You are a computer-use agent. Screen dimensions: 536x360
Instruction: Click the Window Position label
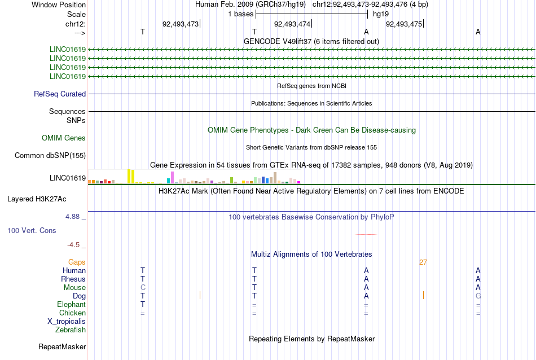59,5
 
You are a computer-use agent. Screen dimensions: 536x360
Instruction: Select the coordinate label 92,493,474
292,24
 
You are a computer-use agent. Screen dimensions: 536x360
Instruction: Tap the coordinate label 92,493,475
404,24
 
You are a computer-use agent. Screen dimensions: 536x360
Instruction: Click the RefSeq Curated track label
60,94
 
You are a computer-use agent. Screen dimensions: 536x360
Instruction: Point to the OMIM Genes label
64,138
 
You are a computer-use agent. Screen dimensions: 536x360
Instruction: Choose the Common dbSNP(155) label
50,156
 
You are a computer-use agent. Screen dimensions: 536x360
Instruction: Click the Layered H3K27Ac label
37,199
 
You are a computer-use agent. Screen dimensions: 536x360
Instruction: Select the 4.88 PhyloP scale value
72,217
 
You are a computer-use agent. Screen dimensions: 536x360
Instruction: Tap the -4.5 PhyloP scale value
73,245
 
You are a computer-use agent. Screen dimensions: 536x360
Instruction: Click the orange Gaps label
77,262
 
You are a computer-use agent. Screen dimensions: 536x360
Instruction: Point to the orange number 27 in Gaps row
423,262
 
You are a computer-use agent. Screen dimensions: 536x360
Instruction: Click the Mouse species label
74,288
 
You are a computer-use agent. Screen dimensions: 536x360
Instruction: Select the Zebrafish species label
71,330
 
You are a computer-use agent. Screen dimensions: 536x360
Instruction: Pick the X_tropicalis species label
67,322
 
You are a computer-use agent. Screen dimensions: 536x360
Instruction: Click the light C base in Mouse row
143,288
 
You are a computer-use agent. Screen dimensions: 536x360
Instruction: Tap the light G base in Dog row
478,296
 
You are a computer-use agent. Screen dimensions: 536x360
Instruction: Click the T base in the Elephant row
143,304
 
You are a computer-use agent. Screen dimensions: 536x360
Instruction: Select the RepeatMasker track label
62,346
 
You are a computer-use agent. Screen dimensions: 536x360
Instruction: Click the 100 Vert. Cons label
32,230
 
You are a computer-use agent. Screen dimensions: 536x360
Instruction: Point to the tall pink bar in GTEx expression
173,177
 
